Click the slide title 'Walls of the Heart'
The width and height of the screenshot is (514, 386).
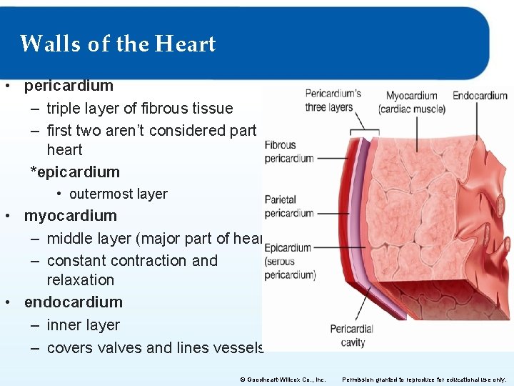click(118, 44)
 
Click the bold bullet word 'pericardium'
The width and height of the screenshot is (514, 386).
click(69, 86)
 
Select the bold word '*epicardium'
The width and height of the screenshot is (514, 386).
click(75, 172)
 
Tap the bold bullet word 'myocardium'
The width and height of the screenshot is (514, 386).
click(70, 216)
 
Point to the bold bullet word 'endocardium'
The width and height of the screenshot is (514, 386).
click(73, 302)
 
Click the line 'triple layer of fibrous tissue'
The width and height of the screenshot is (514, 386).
click(140, 109)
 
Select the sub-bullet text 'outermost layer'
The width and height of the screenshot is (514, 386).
click(118, 194)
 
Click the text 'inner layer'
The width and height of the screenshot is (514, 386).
click(83, 325)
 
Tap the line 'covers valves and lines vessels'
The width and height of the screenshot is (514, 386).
click(156, 348)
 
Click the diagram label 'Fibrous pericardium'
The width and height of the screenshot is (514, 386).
click(288, 152)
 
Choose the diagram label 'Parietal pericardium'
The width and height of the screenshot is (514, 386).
click(288, 207)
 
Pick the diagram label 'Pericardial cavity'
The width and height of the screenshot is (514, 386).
click(351, 336)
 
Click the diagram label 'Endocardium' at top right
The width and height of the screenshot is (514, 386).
click(480, 95)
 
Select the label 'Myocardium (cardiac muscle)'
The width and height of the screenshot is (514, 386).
click(412, 102)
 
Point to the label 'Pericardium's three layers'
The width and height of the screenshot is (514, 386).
click(332, 100)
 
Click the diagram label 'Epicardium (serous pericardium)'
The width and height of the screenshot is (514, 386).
click(289, 261)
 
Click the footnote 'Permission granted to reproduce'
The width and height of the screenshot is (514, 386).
click(425, 380)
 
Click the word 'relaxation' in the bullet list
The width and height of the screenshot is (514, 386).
click(80, 280)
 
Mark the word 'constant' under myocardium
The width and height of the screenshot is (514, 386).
click(78, 261)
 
